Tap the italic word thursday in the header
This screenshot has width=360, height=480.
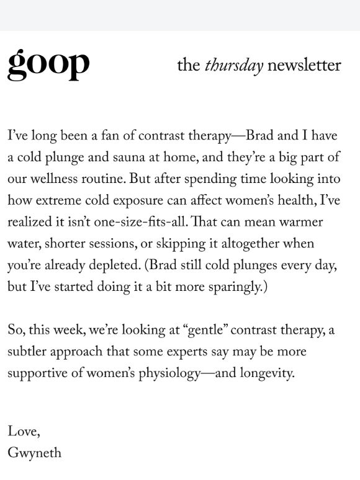point(234,66)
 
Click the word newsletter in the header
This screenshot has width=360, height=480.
point(305,66)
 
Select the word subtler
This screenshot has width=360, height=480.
point(29,351)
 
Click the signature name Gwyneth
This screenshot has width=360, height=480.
point(34,453)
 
